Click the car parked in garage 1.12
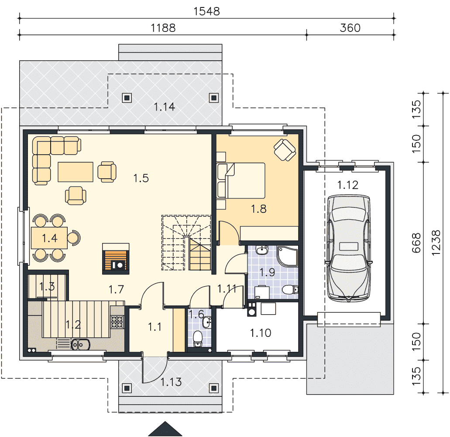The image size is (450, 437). pyautogui.click(x=348, y=248)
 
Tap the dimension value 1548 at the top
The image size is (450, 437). pyautogui.click(x=206, y=11)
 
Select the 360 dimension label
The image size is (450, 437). pyautogui.click(x=350, y=28)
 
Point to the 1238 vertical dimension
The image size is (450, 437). pyautogui.click(x=436, y=243)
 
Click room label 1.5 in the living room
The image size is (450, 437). pyautogui.click(x=141, y=178)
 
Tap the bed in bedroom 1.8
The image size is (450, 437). pyautogui.click(x=241, y=180)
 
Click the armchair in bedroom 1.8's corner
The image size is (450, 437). pyautogui.click(x=285, y=150)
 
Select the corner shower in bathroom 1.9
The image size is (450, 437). pyautogui.click(x=287, y=256)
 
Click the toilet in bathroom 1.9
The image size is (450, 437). pyautogui.click(x=290, y=290)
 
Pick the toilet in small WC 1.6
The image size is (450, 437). pyautogui.click(x=198, y=339)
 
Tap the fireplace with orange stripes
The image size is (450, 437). pyautogui.click(x=116, y=259)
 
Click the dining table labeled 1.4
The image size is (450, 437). pyautogui.click(x=49, y=238)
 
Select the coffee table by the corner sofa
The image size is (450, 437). pyautogui.click(x=76, y=172)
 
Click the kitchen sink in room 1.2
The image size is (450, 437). pyautogui.click(x=80, y=344)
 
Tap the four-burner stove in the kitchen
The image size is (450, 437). pyautogui.click(x=117, y=322)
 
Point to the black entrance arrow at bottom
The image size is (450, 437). pyautogui.click(x=165, y=429)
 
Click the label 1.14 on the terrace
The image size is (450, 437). pyautogui.click(x=164, y=107)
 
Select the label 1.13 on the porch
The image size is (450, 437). pyautogui.click(x=171, y=382)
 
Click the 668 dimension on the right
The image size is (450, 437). pyautogui.click(x=416, y=243)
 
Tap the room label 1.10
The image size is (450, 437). pyautogui.click(x=260, y=333)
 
